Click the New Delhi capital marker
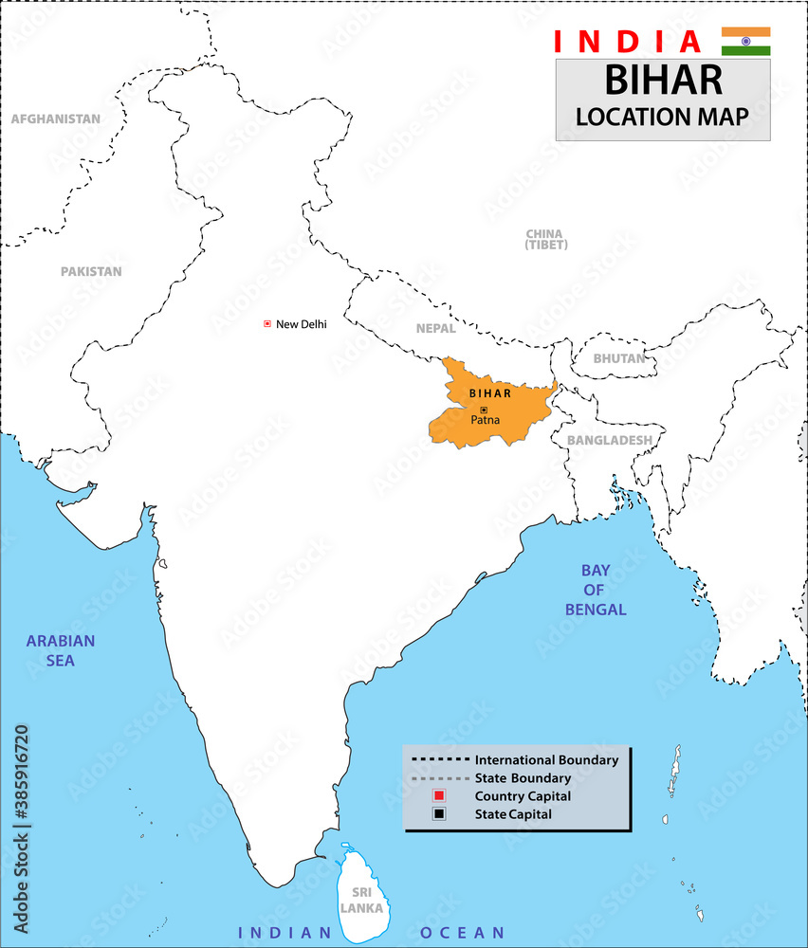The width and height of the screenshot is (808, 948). tap(267, 324)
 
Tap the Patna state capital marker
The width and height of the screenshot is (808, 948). tap(484, 410)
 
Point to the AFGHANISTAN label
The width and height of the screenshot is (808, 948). tap(55, 119)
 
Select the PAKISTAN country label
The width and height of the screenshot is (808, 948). tap(91, 271)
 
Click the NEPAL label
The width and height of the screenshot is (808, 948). tap(435, 329)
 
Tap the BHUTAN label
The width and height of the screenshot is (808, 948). tap(618, 358)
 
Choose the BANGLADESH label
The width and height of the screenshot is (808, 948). tap(609, 440)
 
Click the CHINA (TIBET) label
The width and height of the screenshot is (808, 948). tap(545, 239)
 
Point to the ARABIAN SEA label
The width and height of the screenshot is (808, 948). tap(61, 651)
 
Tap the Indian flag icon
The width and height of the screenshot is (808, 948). tap(745, 41)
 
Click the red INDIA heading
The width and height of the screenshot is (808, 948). tap(627, 42)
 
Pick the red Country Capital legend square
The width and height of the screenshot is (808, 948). tap(438, 796)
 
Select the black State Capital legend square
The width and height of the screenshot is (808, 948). tap(438, 814)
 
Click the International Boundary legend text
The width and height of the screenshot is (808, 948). tap(546, 760)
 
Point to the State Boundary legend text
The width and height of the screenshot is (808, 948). tap(523, 778)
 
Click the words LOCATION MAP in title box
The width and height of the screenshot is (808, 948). tap(662, 116)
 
